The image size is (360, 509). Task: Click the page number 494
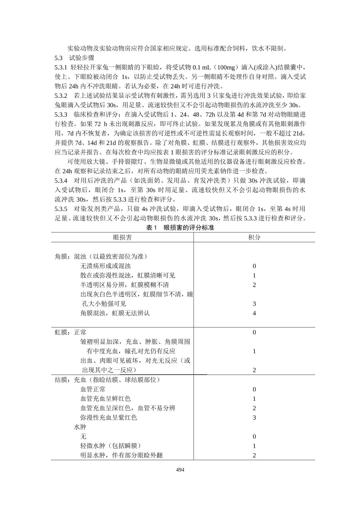point(180,469)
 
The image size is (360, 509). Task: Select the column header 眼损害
point(122,237)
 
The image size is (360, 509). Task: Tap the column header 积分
point(254,237)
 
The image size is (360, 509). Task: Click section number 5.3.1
point(61,67)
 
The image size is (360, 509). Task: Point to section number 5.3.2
point(61,95)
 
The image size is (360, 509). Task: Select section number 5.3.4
point(61,180)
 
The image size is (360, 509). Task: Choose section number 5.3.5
point(61,209)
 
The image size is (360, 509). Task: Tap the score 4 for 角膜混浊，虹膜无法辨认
point(254,313)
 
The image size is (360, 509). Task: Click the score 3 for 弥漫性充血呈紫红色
point(254,417)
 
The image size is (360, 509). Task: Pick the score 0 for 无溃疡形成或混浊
point(254,266)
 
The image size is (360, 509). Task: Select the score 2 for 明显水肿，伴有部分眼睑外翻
point(254,455)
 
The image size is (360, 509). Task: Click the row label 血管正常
point(93,389)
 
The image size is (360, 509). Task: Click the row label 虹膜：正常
point(71,332)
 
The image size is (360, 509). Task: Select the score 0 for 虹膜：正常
point(254,332)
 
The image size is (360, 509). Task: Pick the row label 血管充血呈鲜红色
point(106,398)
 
